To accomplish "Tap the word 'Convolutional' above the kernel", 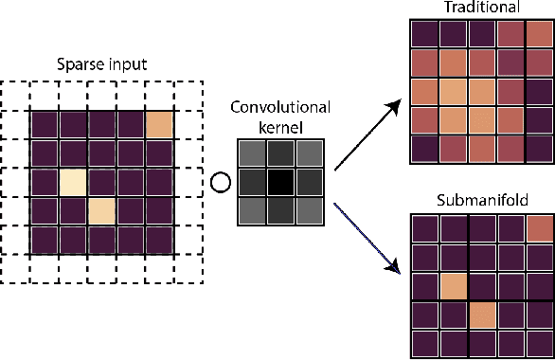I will coord(279,105).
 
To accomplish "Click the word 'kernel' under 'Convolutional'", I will coord(279,123).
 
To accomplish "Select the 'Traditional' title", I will coord(480,8).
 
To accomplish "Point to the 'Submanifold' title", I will coord(481,201).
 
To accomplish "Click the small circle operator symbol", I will coord(220,181).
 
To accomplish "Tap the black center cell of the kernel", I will coord(280,183).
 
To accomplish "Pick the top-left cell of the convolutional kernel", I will coord(252,154).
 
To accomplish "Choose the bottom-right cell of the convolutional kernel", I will coord(309,211).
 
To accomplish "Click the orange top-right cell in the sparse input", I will coord(160,126).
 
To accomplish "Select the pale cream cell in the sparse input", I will coord(73,183).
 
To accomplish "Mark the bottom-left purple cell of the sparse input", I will coord(45,240).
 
